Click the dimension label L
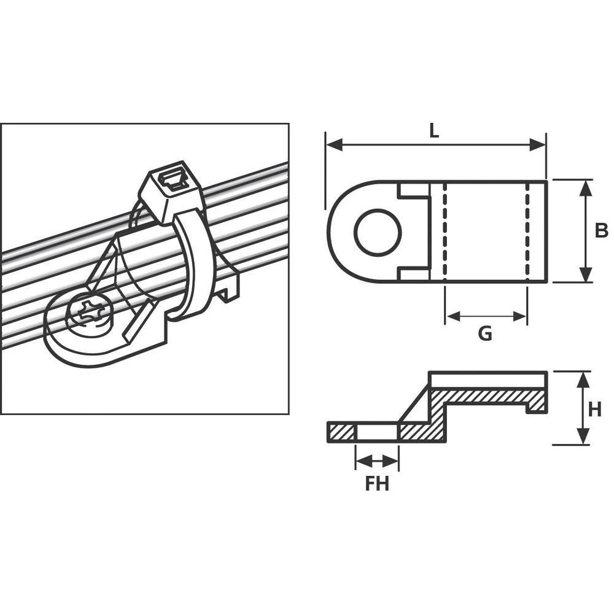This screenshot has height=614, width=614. click(x=435, y=130)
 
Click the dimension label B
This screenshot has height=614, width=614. click(x=601, y=231)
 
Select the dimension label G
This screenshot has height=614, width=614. click(x=485, y=333)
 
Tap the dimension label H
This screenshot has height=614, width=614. click(x=594, y=409)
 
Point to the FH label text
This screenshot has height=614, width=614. click(x=377, y=484)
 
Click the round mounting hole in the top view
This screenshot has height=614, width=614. click(x=378, y=232)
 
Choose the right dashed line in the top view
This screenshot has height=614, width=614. click(x=527, y=231)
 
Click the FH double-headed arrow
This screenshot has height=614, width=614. click(x=377, y=460)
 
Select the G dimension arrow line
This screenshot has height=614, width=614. click(x=486, y=316)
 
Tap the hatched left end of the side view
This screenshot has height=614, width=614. click(x=342, y=432)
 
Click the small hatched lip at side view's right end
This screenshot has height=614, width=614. click(x=535, y=403)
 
